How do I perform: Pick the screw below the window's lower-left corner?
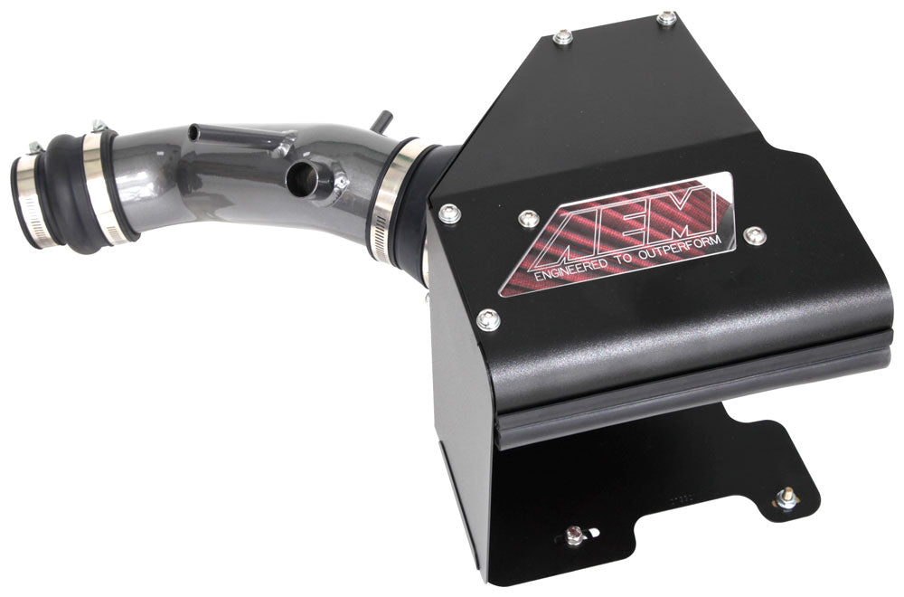coord(489,317)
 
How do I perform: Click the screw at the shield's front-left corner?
coord(449,213)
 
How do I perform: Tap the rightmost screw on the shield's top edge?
coord(666,17)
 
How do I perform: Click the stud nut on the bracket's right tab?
coord(786,497)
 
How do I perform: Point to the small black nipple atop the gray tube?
coord(384,118)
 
